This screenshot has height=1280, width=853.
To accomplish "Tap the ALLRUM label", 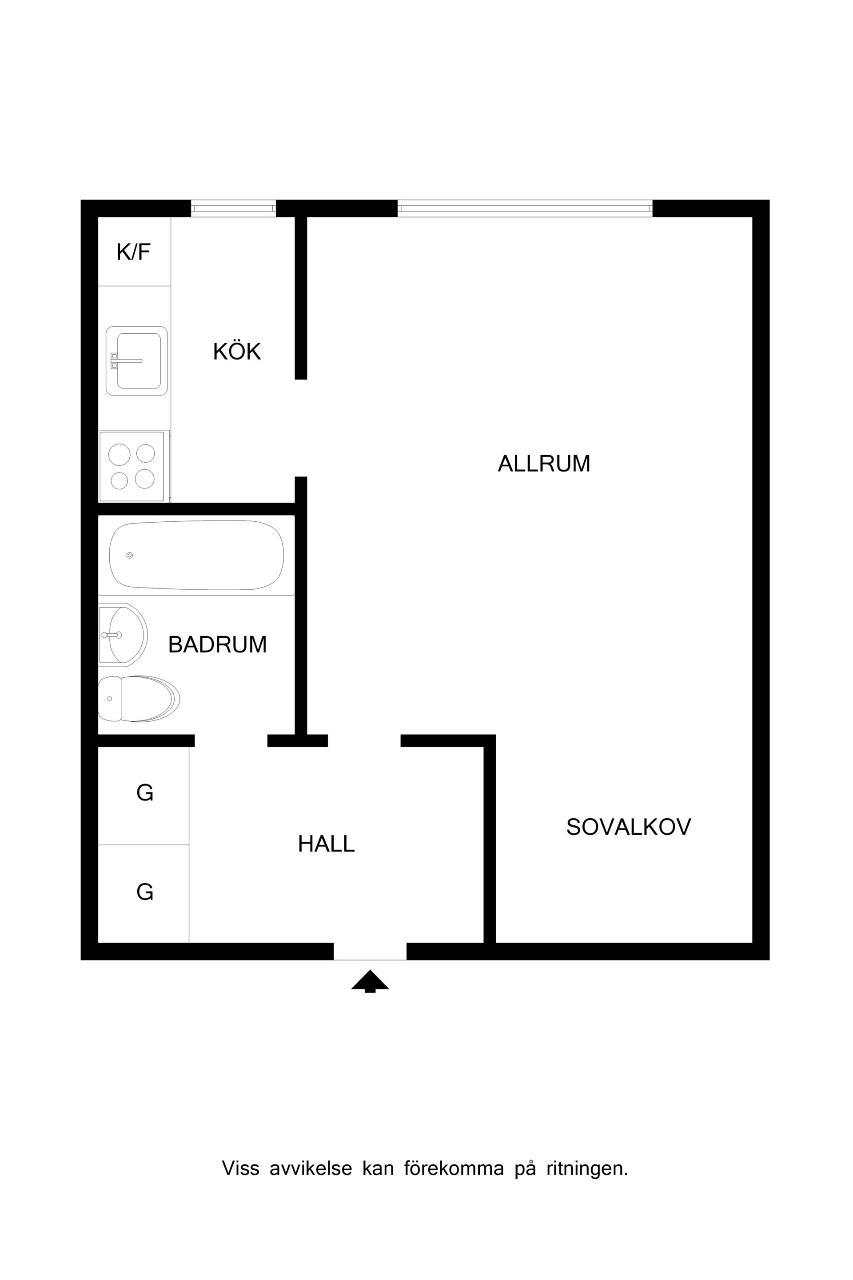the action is click(x=544, y=464).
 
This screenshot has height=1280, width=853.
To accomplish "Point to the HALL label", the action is click(x=327, y=844).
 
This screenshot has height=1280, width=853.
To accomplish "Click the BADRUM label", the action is click(x=218, y=644).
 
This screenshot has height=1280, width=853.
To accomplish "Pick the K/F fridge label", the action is click(x=134, y=252).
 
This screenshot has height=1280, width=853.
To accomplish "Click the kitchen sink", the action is click(x=136, y=361).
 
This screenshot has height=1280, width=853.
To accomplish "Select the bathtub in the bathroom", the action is click(x=196, y=555).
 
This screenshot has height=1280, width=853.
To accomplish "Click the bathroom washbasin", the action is click(x=123, y=635).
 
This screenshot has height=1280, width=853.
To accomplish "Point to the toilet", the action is click(x=139, y=699).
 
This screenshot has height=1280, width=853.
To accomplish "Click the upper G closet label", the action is click(x=145, y=793).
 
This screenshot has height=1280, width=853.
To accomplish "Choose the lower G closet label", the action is click(x=145, y=892).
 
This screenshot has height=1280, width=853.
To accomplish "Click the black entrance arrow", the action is click(x=370, y=981).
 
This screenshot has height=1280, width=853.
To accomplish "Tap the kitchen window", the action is click(x=233, y=208).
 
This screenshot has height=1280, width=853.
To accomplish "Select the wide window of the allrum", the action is click(x=525, y=208).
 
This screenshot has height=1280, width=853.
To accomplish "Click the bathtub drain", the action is click(x=129, y=555).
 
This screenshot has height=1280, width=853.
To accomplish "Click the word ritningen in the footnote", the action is click(x=587, y=1168).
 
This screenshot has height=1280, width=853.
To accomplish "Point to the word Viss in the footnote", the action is click(x=240, y=1168).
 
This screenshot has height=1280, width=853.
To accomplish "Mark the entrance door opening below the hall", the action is click(x=370, y=951).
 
